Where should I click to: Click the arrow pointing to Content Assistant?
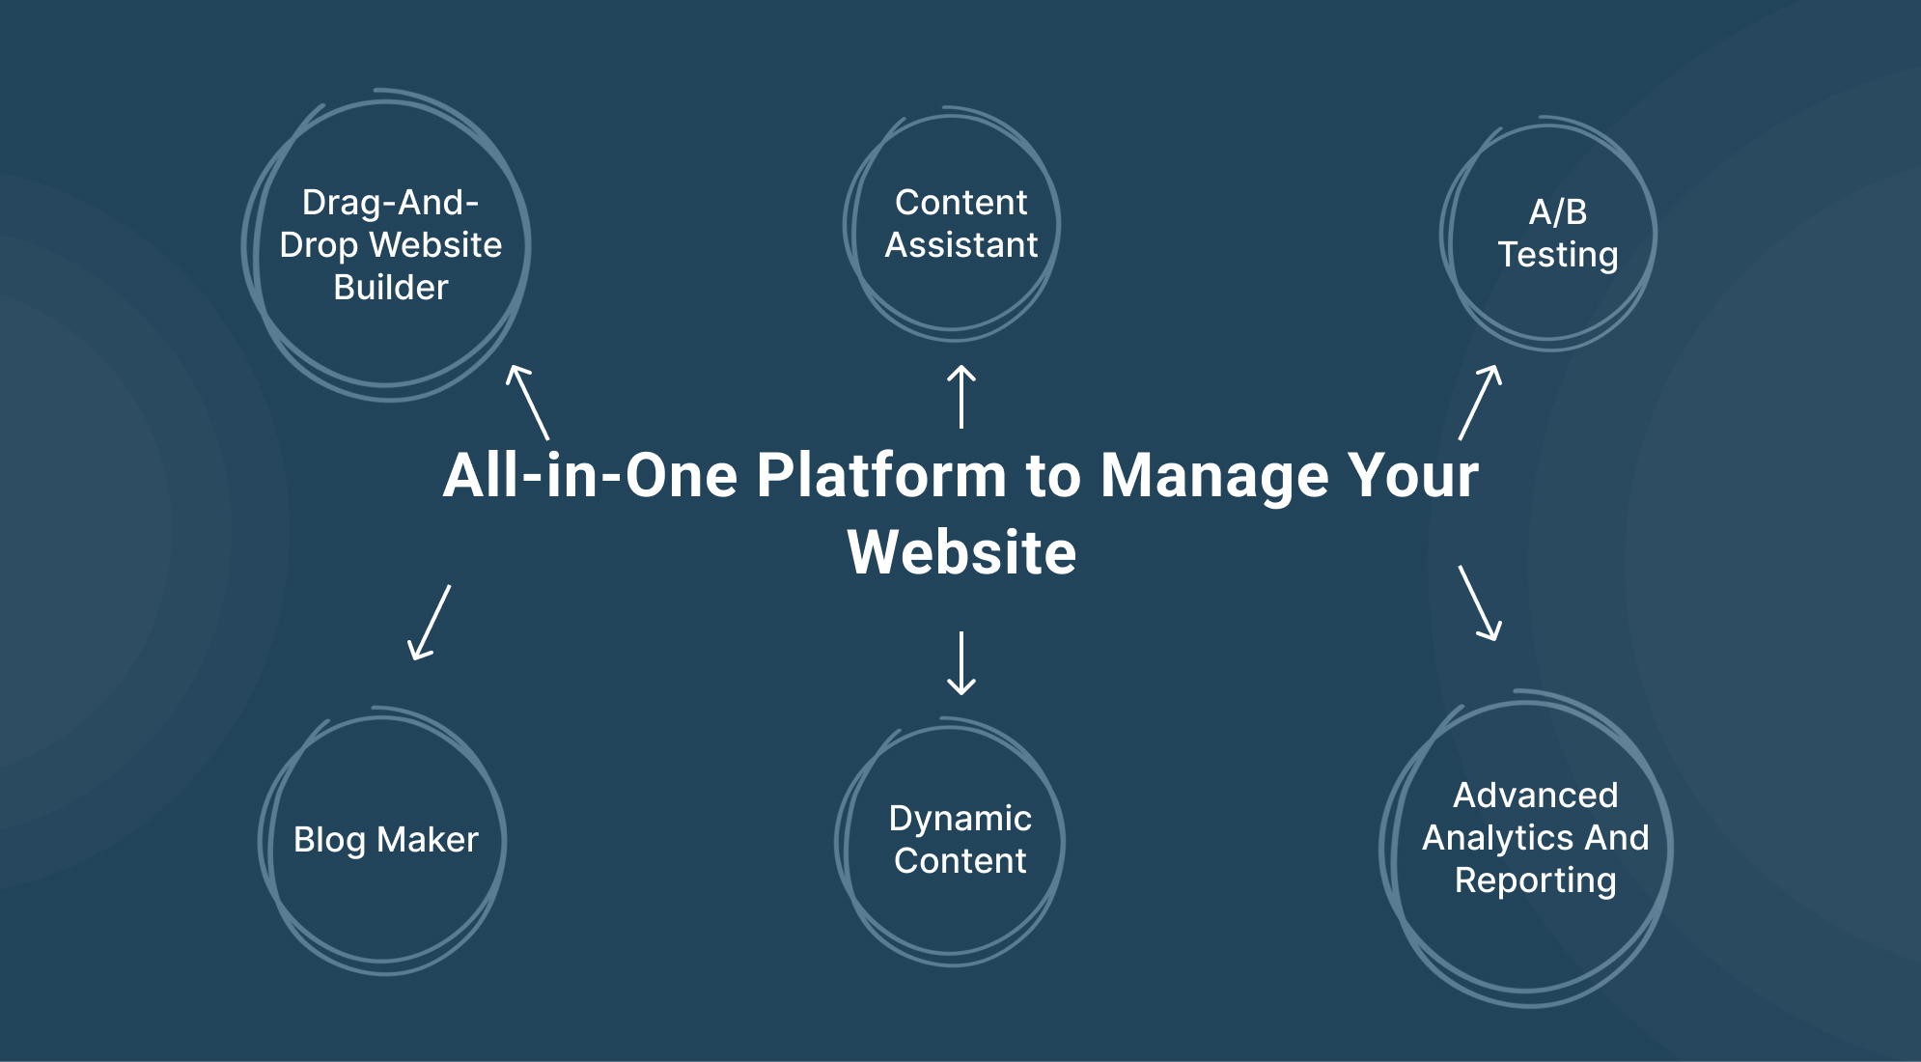tap(960, 396)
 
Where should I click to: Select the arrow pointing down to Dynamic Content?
tap(960, 662)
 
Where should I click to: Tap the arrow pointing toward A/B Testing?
tap(1480, 403)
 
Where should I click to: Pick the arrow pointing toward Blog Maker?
tap(430, 623)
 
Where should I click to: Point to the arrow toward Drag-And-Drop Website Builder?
tap(528, 403)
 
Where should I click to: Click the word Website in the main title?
tap(961, 552)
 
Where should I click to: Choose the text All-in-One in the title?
tap(590, 475)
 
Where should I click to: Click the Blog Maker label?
tap(386, 840)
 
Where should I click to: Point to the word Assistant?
tap(961, 245)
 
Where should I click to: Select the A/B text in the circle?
tap(1558, 211)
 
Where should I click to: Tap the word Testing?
tap(1558, 255)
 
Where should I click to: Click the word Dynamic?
tap(960, 819)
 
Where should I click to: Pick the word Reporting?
tap(1535, 880)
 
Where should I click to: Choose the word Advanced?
tap(1535, 796)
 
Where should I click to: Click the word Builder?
tap(391, 288)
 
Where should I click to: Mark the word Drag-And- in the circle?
tap(391, 203)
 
